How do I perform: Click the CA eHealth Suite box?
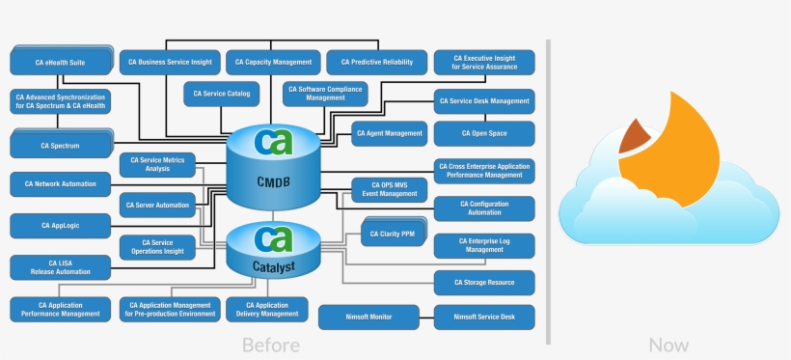[x=60, y=62]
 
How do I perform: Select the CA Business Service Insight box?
[x=168, y=62]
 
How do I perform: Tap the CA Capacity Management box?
[x=273, y=62]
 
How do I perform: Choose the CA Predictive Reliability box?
[x=376, y=62]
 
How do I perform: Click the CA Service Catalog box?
[x=221, y=94]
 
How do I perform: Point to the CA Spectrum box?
[x=60, y=146]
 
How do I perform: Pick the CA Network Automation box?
[x=60, y=182]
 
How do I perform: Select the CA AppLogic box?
[x=60, y=225]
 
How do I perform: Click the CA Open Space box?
[x=484, y=133]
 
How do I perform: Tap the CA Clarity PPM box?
[x=394, y=233]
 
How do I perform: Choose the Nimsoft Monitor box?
[x=368, y=317]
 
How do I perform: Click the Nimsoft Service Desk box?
[x=484, y=317]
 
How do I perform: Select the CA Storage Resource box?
[x=484, y=283]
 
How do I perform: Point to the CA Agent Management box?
[x=389, y=132]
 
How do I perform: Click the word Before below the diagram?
[x=270, y=345]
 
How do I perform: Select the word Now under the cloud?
[x=668, y=345]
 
